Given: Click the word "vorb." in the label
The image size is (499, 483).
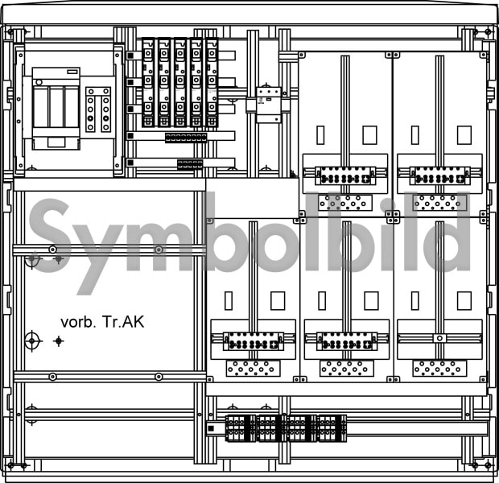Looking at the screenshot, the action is coord(78,322).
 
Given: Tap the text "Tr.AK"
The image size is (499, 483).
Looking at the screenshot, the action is coord(123,322).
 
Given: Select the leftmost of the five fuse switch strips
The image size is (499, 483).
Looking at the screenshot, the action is coord(148,82).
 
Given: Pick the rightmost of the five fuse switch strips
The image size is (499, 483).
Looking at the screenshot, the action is coord(212,82).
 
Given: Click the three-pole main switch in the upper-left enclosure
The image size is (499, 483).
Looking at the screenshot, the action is coord(56,108).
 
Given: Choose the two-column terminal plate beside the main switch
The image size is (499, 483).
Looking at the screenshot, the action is coord(98,109).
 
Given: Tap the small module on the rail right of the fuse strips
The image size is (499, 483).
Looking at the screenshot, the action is coord(269,105).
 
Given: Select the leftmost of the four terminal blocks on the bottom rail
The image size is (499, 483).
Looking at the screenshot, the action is coord(241,428).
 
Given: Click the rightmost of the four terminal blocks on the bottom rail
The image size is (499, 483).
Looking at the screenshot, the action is coord(332,428).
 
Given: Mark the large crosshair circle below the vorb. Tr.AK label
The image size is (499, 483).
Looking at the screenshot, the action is coord(32,341).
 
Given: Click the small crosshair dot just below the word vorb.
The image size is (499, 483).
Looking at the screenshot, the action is coord(58,341).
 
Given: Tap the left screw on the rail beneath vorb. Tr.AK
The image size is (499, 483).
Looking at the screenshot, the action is coord(53,377).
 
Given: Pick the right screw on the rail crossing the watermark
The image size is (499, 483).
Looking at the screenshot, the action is coord(159,250).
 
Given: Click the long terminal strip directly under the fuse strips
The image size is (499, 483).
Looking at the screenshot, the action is coord(186,138).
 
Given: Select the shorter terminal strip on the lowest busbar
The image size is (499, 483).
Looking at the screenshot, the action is coord(190,164).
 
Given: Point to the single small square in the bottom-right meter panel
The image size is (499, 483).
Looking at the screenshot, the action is coord(439,338).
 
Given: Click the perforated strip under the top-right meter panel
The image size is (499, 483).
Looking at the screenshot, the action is coord(439,203).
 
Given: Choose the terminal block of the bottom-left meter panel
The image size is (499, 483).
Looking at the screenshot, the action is coord(254,341).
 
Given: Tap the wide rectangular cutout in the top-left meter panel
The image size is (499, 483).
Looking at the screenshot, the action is coord(369,135).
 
